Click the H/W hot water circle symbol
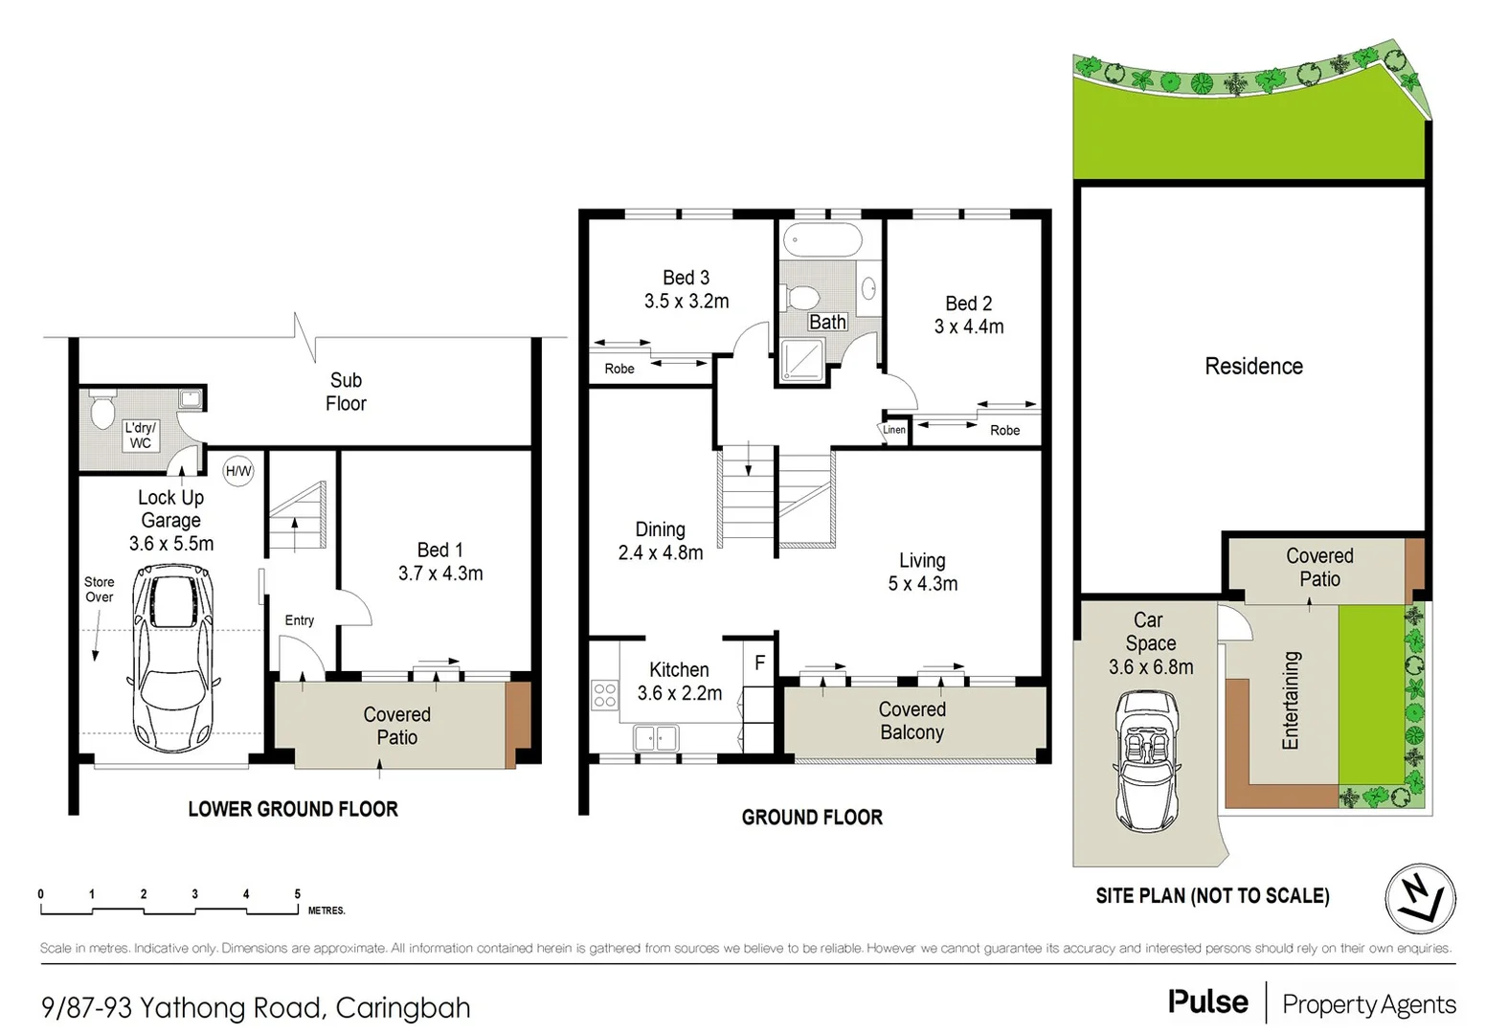click(x=237, y=471)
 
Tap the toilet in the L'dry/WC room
click(x=101, y=413)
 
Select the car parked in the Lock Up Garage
click(x=173, y=660)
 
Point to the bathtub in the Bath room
click(x=822, y=239)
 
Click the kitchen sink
click(x=656, y=738)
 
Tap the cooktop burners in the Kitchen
click(x=604, y=694)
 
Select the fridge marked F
click(x=759, y=663)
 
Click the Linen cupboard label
click(x=893, y=430)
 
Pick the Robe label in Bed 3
click(x=619, y=369)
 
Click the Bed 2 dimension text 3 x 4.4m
click(x=969, y=326)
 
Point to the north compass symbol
click(x=1420, y=899)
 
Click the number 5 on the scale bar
click(x=297, y=894)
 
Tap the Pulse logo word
click(x=1207, y=1002)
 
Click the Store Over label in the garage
click(x=99, y=589)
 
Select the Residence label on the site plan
click(x=1253, y=367)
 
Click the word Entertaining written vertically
click(x=1291, y=700)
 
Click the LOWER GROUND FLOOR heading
click(x=293, y=809)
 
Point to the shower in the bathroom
click(x=801, y=360)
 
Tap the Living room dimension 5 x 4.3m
click(x=922, y=584)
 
